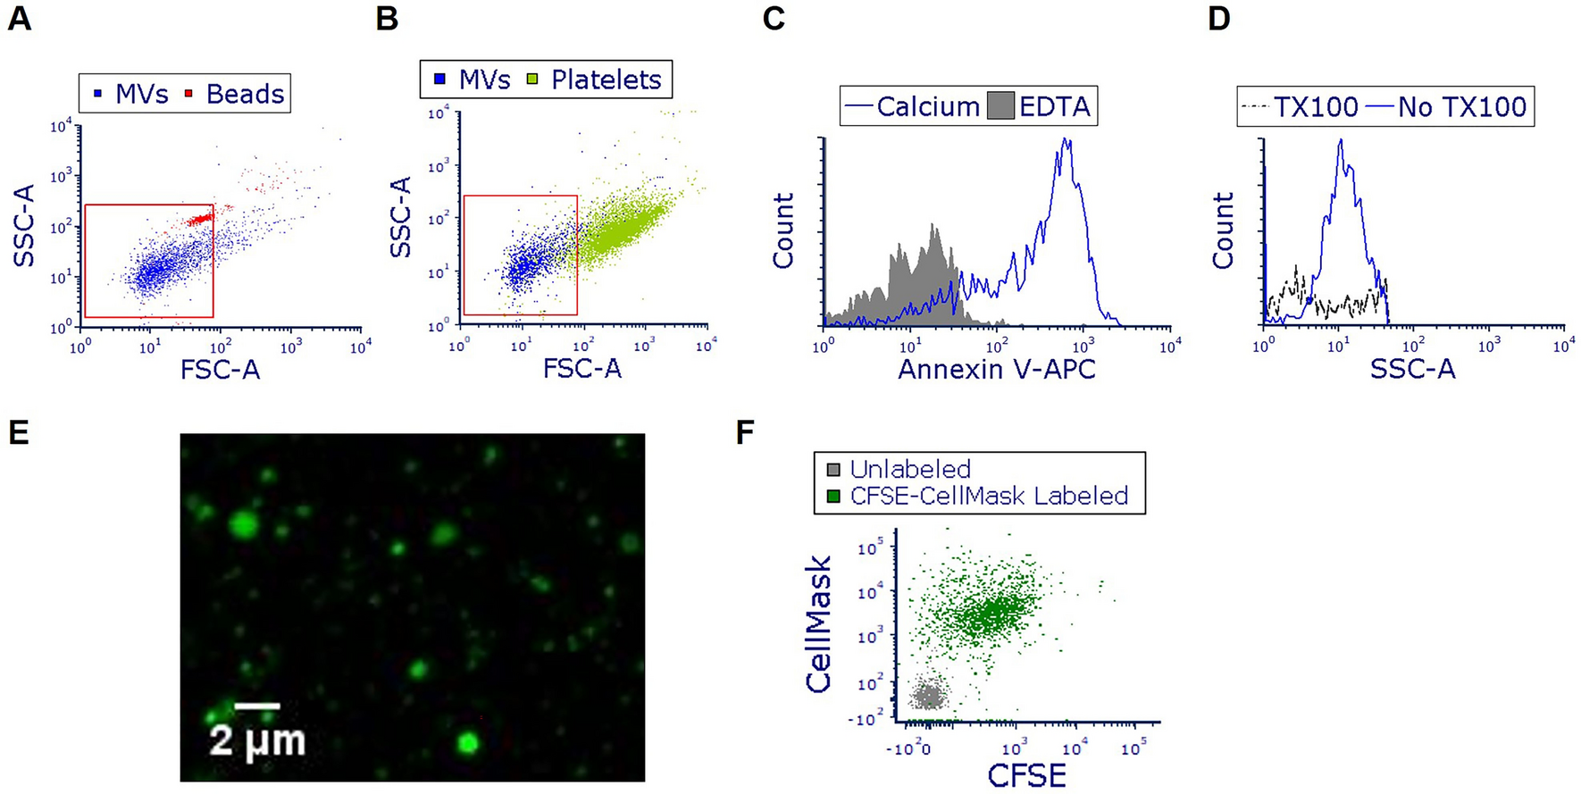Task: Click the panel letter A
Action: [x=19, y=18]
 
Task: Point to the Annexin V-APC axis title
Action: [x=996, y=369]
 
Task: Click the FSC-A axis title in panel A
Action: [x=220, y=369]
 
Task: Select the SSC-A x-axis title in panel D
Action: [x=1412, y=369]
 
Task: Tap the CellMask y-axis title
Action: [x=818, y=624]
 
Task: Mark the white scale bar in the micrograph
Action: [x=257, y=706]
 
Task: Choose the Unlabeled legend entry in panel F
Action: [x=909, y=469]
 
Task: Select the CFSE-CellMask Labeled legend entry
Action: [x=988, y=496]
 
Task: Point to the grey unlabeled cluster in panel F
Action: [x=929, y=694]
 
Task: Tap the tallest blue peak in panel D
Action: [x=1341, y=143]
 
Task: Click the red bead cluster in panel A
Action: [x=201, y=218]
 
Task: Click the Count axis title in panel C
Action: [x=783, y=230]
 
